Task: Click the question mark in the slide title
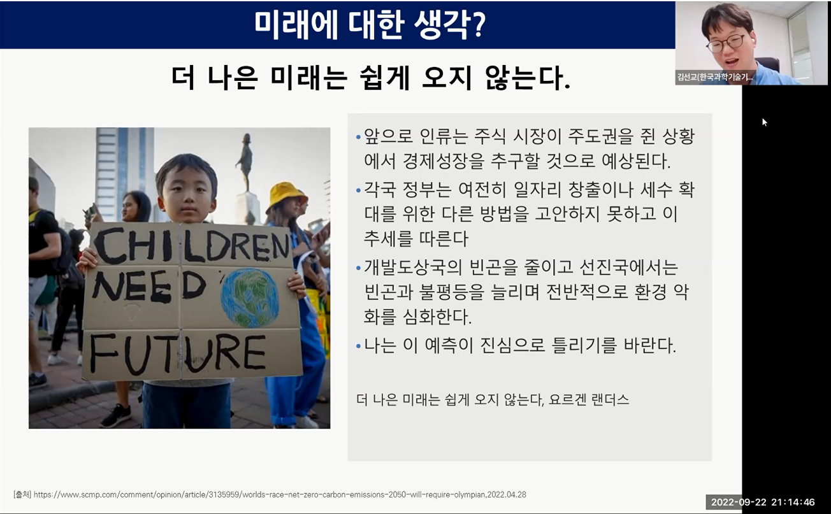click(x=479, y=24)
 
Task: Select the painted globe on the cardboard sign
click(x=250, y=298)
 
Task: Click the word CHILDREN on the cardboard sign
click(x=191, y=245)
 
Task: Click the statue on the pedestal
click(x=245, y=162)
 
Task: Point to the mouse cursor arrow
click(x=764, y=122)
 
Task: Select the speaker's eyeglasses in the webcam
click(x=725, y=43)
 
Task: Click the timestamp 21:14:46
click(x=793, y=502)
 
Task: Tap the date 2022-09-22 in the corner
click(x=738, y=502)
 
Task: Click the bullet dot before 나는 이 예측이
click(x=358, y=346)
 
